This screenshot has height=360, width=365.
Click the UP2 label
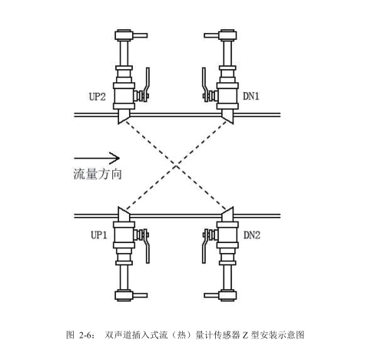[97, 97]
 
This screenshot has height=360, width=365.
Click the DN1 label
[251, 96]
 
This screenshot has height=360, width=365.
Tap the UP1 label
[99, 235]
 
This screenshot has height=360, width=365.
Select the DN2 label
[252, 235]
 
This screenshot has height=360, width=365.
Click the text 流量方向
[98, 174]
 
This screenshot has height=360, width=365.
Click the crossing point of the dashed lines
[176, 166]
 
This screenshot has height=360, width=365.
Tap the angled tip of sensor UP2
[118, 124]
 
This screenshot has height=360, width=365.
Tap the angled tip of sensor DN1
[233, 124]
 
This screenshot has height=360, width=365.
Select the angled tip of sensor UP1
[118, 207]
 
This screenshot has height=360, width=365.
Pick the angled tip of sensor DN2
[233, 207]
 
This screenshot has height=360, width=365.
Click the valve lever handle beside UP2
[147, 85]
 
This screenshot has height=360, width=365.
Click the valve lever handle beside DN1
[204, 85]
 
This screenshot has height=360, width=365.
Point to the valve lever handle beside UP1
[147, 246]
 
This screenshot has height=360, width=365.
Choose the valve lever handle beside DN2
[204, 246]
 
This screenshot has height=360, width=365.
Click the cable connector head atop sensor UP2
[124, 35]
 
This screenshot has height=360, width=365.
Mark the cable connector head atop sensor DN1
[227, 35]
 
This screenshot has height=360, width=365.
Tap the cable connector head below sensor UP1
[124, 295]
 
